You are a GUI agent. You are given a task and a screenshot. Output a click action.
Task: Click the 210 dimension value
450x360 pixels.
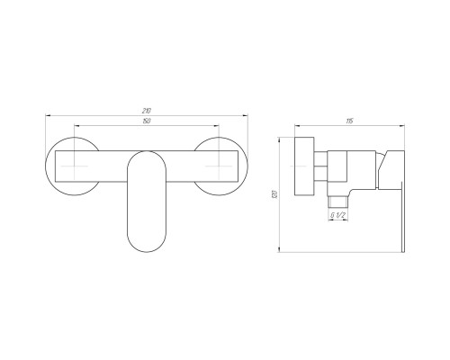click(147, 111)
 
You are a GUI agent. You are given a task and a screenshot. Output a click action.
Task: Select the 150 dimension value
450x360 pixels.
click(147, 121)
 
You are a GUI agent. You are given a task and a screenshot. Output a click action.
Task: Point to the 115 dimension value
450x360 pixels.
click(349, 121)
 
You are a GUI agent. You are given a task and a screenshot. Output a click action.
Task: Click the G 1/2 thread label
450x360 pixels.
click(337, 215)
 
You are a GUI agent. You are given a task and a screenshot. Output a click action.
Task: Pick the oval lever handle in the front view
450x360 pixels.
click(147, 202)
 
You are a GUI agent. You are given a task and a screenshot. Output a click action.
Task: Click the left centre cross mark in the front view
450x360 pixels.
click(74, 166)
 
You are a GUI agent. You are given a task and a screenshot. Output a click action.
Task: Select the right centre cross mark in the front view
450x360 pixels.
click(220, 166)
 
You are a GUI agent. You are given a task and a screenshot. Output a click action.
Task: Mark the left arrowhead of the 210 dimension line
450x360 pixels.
click(48, 115)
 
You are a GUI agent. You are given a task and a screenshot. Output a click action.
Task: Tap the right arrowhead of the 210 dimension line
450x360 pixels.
click(245, 115)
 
